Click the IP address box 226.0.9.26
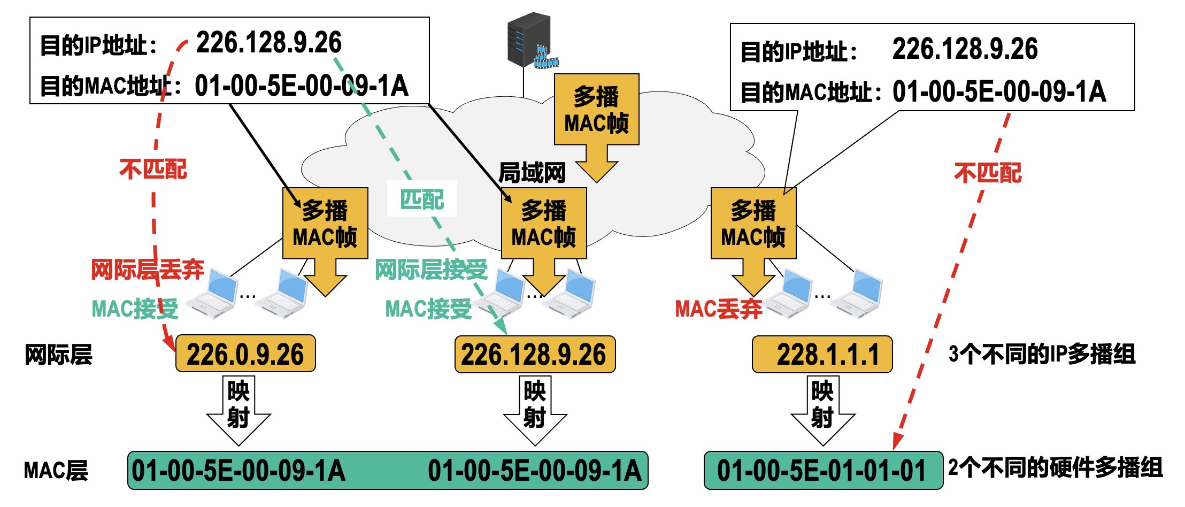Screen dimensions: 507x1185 [245, 354]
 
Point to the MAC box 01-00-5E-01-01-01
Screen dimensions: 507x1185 [822, 471]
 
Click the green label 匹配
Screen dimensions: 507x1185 [422, 199]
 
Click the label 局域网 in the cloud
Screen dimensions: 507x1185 [532, 173]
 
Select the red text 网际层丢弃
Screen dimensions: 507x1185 [148, 269]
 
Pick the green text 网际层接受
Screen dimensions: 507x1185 [431, 269]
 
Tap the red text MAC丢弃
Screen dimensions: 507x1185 [718, 309]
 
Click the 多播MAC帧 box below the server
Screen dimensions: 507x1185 [597, 110]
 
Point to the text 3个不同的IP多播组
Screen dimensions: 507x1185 [1042, 354]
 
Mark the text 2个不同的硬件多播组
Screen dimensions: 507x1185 [1055, 467]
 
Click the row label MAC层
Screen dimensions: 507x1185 [56, 471]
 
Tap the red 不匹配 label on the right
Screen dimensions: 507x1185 [988, 173]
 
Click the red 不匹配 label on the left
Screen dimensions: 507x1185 [153, 170]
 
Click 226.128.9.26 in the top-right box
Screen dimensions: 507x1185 [965, 49]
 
